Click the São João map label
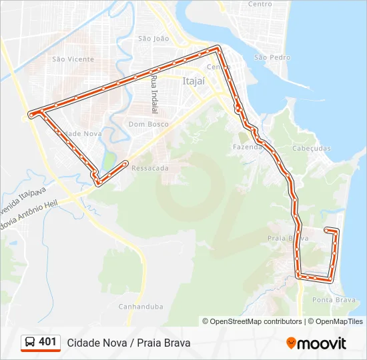pyautogui.click(x=153, y=39)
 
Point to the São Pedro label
pyautogui.click(x=272, y=57)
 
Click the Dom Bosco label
pyautogui.click(x=148, y=124)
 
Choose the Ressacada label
pyautogui.click(x=150, y=168)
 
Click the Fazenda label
pyautogui.click(x=246, y=147)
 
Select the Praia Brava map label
pyautogui.click(x=288, y=238)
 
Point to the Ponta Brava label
pyautogui.click(x=334, y=300)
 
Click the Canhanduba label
pyautogui.click(x=141, y=307)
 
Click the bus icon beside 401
pyautogui.click(x=30, y=342)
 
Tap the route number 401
pyautogui.click(x=47, y=342)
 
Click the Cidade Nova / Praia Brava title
pyautogui.click(x=129, y=343)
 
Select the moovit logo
pyautogui.click(x=316, y=343)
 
